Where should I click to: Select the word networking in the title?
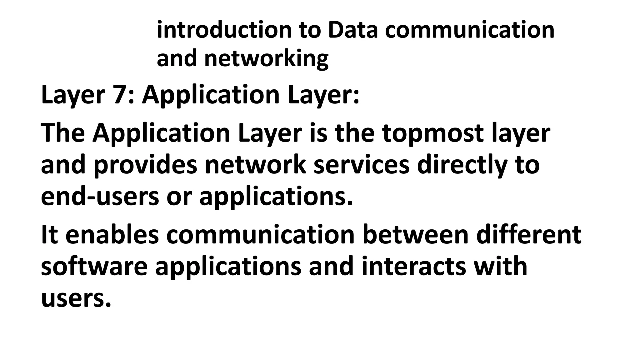(266, 59)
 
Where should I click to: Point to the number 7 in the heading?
(120, 95)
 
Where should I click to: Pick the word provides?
(145, 166)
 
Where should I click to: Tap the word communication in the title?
(470, 30)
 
